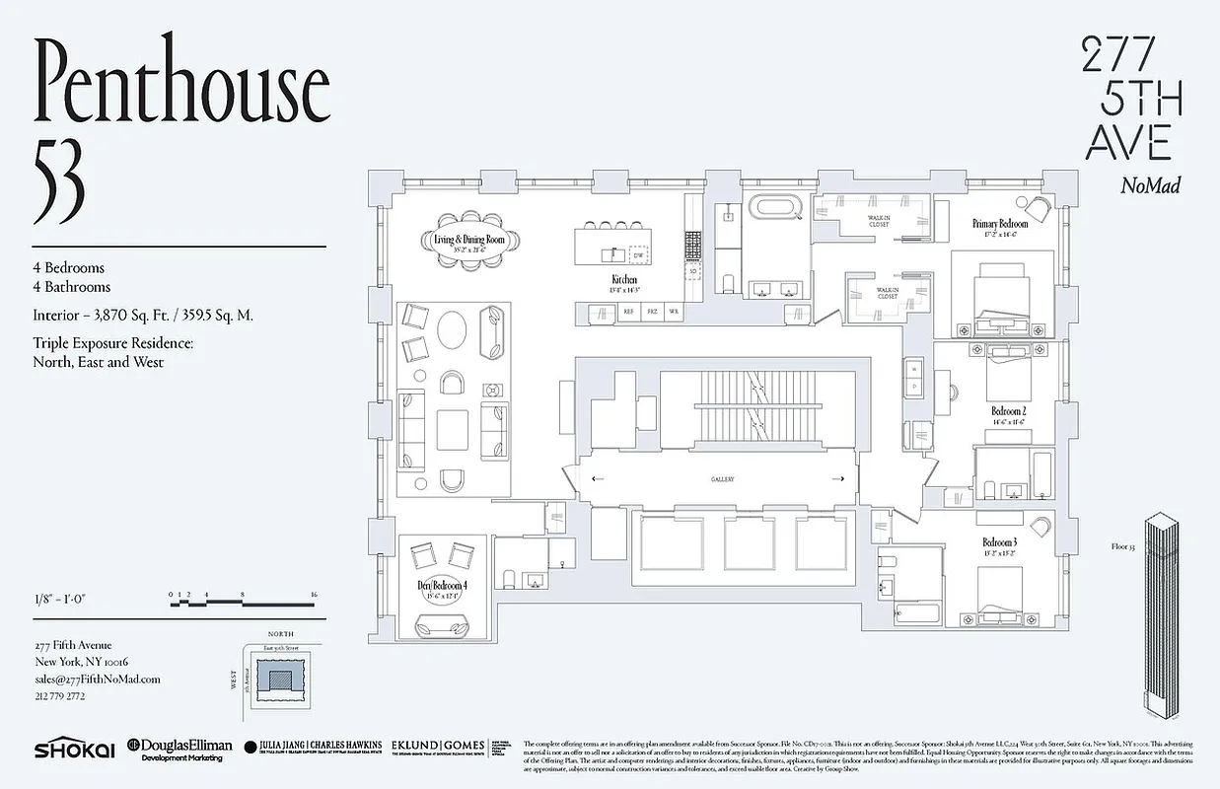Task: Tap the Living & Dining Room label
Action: (x=469, y=238)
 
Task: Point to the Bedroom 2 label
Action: (x=1009, y=411)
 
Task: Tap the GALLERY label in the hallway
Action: (x=723, y=479)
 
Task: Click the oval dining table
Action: (x=469, y=241)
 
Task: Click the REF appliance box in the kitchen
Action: (x=627, y=312)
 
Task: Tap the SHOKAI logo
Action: (x=74, y=750)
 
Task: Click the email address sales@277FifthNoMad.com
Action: (x=96, y=679)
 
